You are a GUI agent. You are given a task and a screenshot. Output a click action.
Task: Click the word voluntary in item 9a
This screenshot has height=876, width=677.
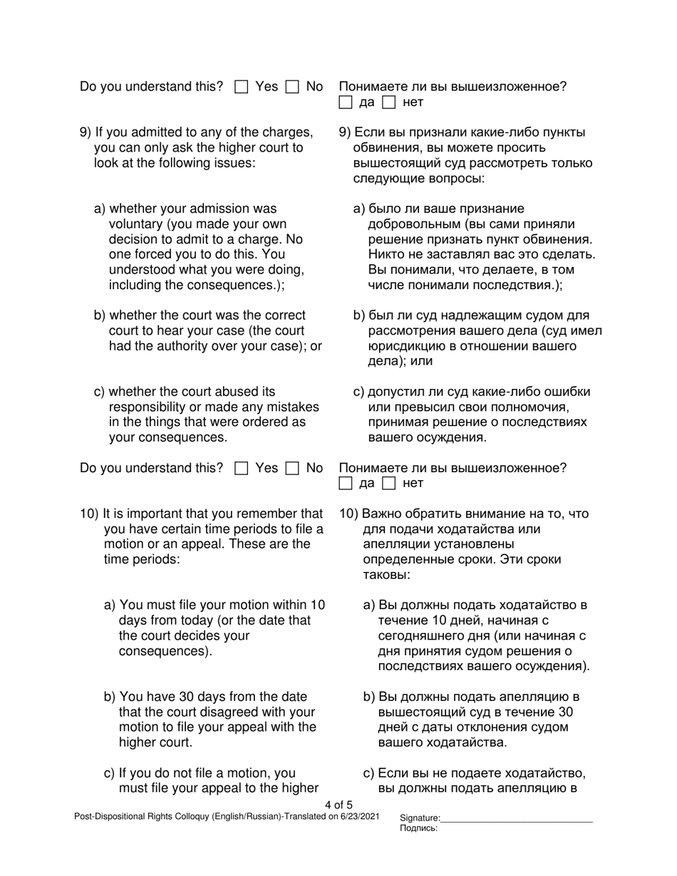(x=135, y=224)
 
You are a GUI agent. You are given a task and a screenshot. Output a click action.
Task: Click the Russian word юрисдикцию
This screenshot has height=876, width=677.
(x=404, y=346)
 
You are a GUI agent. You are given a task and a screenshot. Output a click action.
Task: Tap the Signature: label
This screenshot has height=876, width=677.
(x=420, y=818)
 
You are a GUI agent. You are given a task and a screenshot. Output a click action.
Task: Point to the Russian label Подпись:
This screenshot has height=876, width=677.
(x=419, y=828)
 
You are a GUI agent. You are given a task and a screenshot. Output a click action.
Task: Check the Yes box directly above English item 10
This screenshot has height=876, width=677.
(x=242, y=469)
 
